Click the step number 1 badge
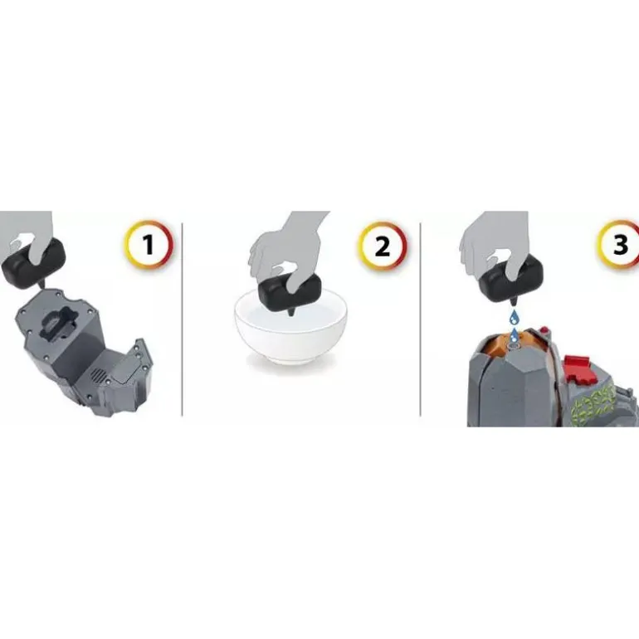point(149,246)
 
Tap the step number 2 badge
point(383,246)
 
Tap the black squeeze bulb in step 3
point(507,280)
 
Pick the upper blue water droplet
point(513,315)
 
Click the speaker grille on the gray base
point(99,375)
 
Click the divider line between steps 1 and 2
point(182,319)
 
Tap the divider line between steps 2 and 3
point(420,319)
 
